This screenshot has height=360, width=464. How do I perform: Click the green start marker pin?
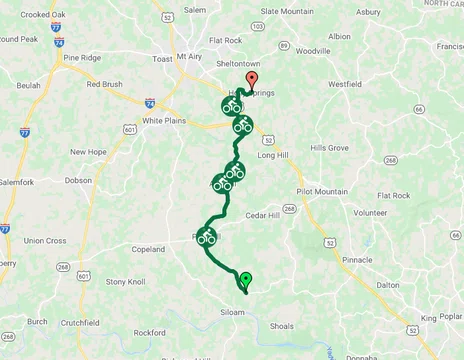click(246, 281)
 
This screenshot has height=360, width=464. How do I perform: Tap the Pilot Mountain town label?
click(322, 191)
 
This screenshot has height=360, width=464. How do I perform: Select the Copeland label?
click(147, 249)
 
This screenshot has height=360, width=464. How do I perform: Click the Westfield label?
click(344, 84)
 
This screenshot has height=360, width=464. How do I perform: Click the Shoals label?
click(282, 326)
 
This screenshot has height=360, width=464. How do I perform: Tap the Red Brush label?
click(104, 85)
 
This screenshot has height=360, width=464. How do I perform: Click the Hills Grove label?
click(330, 147)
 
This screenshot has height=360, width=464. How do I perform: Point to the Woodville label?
click(313, 50)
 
